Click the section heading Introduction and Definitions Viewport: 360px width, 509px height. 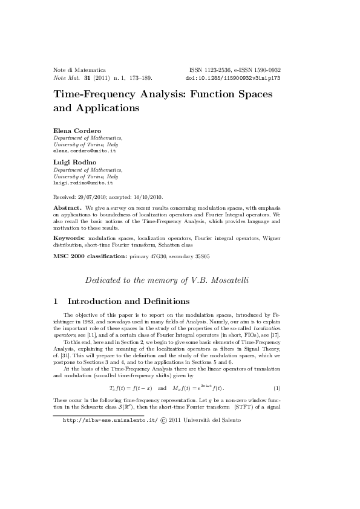(129, 301)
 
